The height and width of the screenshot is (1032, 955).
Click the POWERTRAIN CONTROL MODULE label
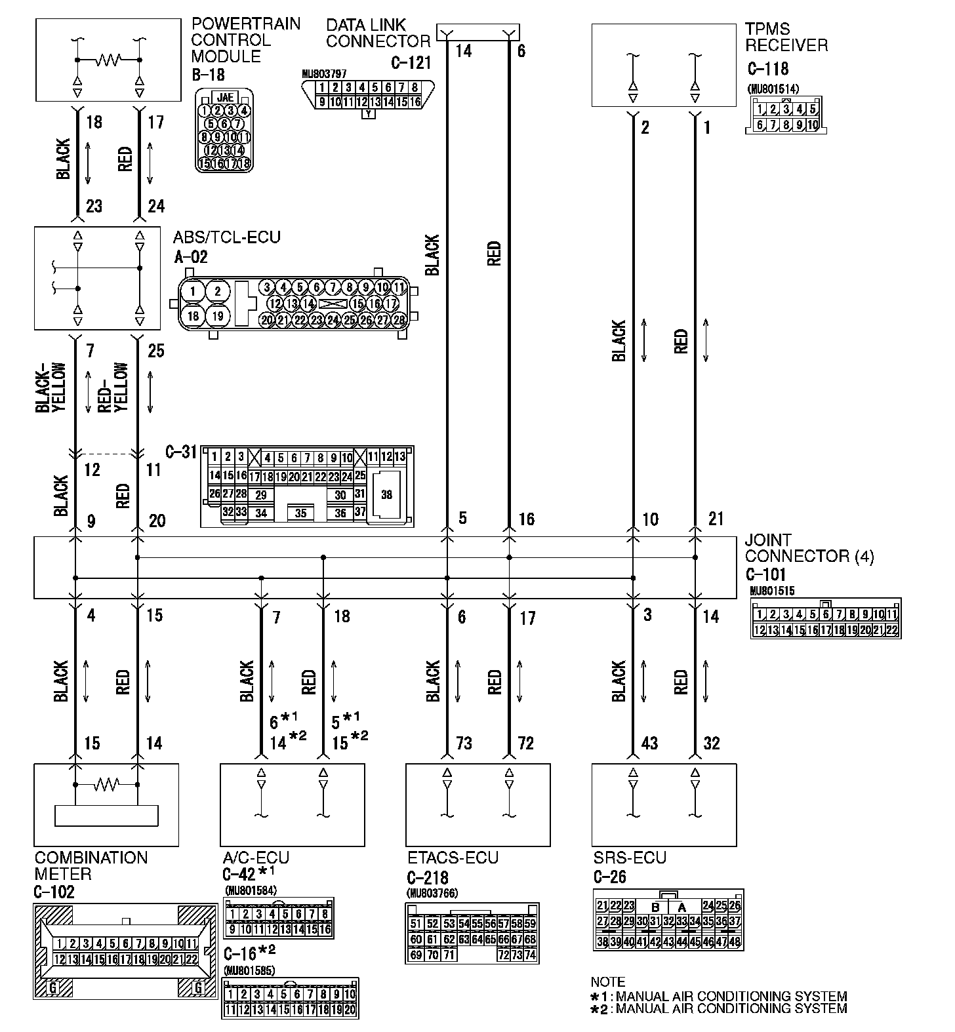[x=246, y=40]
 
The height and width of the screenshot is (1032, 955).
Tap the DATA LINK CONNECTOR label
[x=378, y=33]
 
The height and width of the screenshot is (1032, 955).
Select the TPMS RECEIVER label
[x=786, y=37]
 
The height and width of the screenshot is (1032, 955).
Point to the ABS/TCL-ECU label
[x=226, y=237]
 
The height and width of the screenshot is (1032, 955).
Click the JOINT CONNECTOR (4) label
[x=809, y=548]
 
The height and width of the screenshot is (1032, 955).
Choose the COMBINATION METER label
[x=91, y=865]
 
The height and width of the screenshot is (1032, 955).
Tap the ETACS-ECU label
[x=452, y=858]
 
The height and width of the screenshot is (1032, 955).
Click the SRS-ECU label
[x=629, y=858]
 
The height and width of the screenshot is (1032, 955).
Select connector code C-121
[x=411, y=63]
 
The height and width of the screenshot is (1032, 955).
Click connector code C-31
[x=181, y=452]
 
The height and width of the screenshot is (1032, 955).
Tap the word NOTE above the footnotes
[x=608, y=982]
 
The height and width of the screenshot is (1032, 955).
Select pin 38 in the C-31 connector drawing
[x=386, y=494]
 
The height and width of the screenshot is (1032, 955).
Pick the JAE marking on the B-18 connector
[x=224, y=97]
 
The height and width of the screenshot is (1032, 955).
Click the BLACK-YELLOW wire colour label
[x=51, y=387]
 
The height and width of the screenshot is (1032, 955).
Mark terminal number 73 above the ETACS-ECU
[x=464, y=743]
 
